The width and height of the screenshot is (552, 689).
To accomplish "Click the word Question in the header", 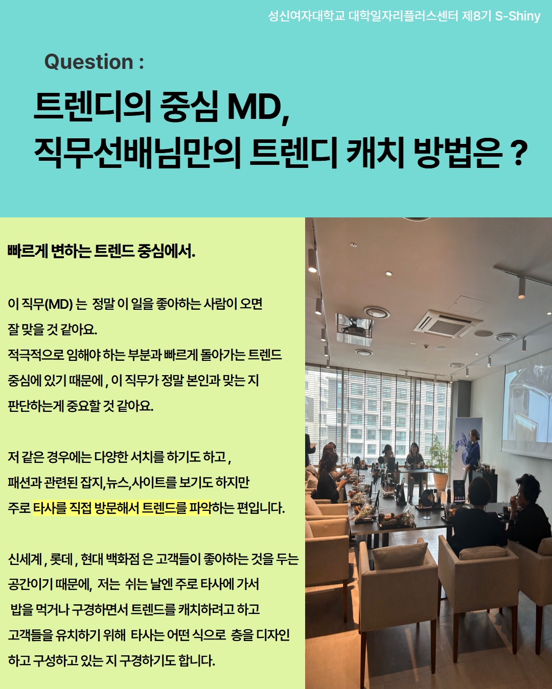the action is tap(88, 62).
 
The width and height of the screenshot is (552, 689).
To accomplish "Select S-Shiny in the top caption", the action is tap(517, 16).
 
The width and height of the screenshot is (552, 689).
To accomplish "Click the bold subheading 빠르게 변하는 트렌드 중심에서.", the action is tap(101, 251).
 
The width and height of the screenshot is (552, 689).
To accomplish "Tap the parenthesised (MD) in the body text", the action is tap(58, 304).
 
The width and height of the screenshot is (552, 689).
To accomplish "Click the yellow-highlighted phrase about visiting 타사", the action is tap(122, 508).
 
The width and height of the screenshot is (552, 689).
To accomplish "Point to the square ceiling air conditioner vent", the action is tap(447, 325).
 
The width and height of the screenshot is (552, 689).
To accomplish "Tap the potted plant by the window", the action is tap(441, 461).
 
